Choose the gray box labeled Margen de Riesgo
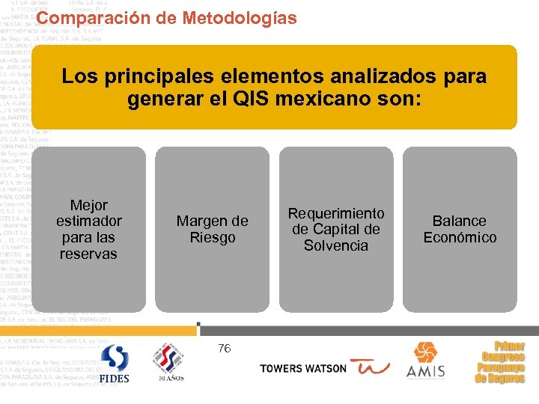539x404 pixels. coord(212,229)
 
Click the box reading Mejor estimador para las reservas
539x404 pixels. coord(88,229)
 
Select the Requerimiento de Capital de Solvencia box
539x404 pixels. coord(336,229)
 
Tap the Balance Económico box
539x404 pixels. coord(460,229)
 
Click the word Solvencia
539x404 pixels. coord(336,246)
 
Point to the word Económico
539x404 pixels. coord(460,238)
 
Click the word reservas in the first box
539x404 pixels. coord(88,254)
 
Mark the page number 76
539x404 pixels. coord(225,348)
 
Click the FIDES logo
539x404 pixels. coord(115,364)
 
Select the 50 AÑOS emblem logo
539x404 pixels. coord(170,364)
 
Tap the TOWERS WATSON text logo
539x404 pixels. coord(303,369)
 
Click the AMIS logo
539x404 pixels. coord(425,361)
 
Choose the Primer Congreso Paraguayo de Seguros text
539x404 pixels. coord(500,363)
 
